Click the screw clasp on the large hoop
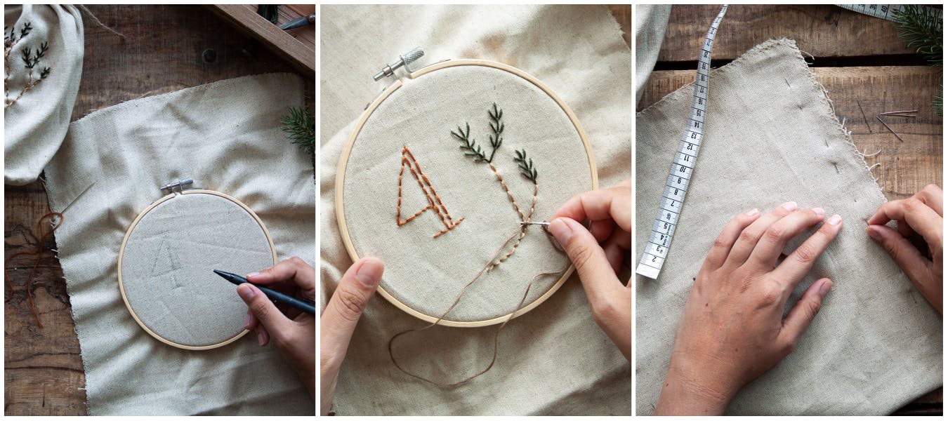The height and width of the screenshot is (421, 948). (399, 63)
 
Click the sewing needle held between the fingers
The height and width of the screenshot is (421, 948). (534, 224)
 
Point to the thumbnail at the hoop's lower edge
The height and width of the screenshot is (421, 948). (368, 273)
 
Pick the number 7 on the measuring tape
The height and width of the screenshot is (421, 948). (671, 203)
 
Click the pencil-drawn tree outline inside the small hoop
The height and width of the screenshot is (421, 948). (167, 260)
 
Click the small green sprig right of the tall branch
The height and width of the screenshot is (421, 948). (525, 166)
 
